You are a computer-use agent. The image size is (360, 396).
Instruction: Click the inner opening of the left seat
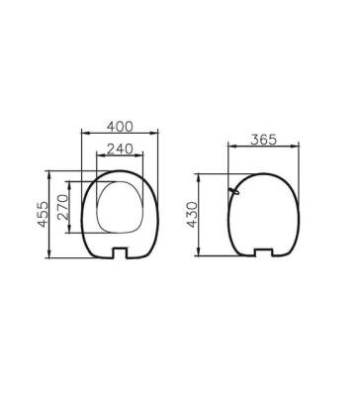point(122,207)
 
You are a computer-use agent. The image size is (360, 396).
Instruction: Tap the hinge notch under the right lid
point(265,251)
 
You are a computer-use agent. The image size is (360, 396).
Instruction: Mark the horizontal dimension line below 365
point(263,148)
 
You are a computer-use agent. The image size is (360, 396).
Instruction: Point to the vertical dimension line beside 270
point(70,206)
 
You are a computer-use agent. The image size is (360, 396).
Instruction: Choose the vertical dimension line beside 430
point(204,215)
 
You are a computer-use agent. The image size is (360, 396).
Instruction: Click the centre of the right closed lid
point(265,213)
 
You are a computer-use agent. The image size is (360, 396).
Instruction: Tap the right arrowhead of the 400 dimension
point(159,137)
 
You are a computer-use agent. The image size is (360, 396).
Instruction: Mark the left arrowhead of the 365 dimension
point(231,148)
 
